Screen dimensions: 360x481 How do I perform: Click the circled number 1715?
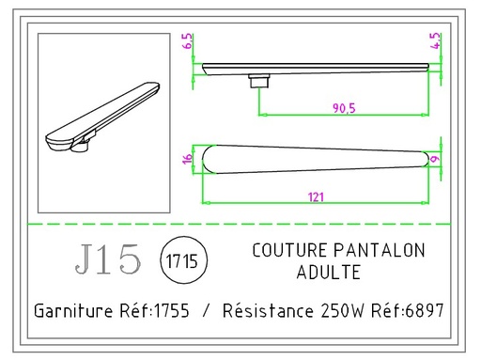pyautogui.click(x=178, y=260)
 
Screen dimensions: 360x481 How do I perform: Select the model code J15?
pyautogui.click(x=106, y=260)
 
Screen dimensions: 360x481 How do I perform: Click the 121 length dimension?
pyautogui.click(x=318, y=196)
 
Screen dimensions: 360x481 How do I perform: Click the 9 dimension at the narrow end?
pyautogui.click(x=435, y=159)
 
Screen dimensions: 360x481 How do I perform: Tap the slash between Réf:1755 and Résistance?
pyautogui.click(x=206, y=310)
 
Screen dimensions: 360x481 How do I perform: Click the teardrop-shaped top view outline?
pyautogui.click(x=310, y=159)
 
